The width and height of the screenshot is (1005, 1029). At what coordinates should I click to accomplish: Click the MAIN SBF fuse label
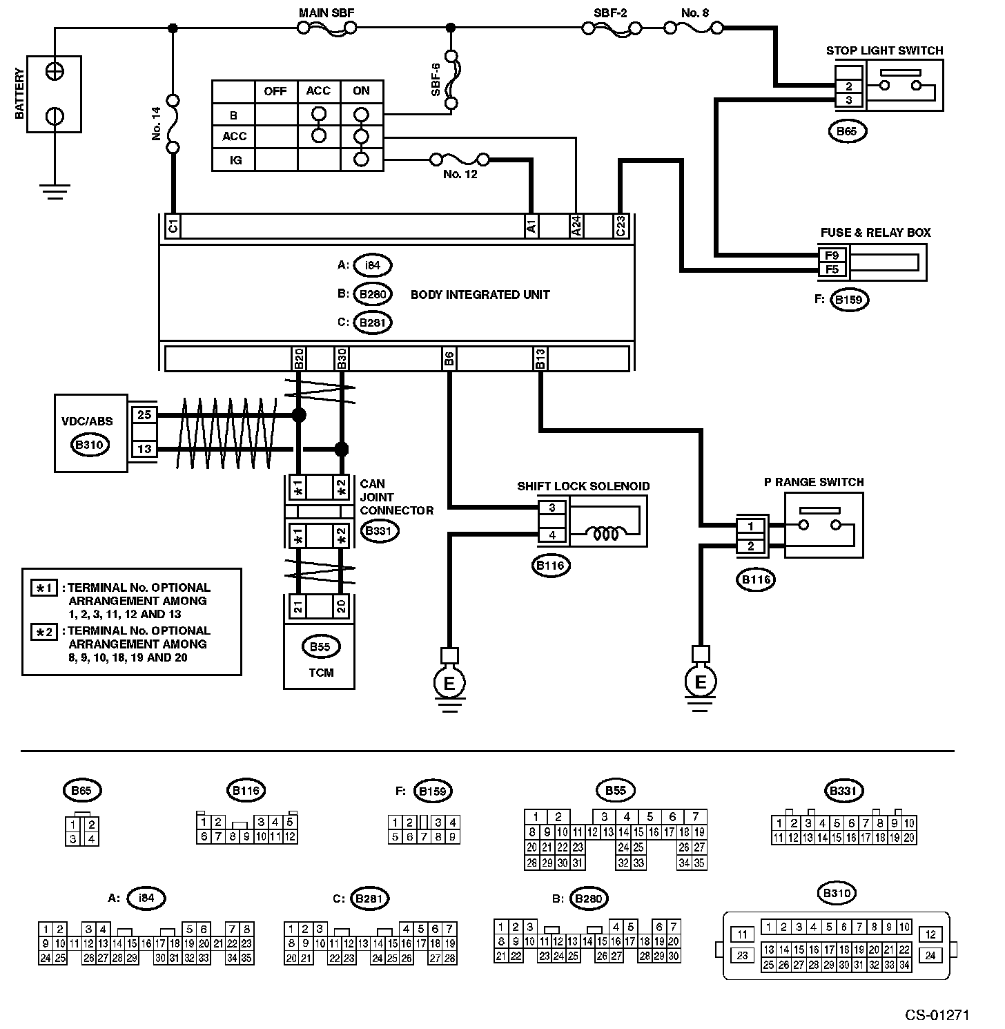tap(326, 13)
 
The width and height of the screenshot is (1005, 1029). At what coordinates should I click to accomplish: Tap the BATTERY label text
tap(19, 93)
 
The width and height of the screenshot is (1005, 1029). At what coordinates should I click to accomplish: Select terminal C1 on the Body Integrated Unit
tap(173, 225)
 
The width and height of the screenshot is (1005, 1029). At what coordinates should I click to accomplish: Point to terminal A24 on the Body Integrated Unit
tap(576, 226)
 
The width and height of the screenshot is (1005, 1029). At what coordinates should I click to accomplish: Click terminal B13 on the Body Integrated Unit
tap(540, 358)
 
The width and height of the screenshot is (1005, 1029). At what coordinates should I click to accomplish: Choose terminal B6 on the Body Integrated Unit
tap(449, 358)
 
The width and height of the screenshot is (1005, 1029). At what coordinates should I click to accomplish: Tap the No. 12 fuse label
tap(460, 174)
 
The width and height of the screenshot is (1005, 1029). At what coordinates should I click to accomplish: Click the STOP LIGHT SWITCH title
tap(884, 50)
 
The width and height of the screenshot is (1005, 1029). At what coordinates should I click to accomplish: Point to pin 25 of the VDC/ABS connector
tap(144, 415)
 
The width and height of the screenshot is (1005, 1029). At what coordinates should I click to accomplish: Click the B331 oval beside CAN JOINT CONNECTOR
tap(379, 531)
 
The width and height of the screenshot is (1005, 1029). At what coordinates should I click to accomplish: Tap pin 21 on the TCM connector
tap(297, 606)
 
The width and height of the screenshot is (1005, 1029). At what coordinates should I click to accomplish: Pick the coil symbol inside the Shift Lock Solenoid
tap(606, 533)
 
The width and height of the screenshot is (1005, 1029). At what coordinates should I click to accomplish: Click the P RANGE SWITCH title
tap(814, 482)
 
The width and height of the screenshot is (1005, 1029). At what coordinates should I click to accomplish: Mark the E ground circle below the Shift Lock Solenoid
tap(449, 683)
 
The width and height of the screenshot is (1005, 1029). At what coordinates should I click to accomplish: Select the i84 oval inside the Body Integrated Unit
tap(373, 265)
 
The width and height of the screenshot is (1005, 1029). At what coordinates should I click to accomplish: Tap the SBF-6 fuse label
tap(436, 79)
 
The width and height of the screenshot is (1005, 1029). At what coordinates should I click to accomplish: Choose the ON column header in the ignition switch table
tap(361, 91)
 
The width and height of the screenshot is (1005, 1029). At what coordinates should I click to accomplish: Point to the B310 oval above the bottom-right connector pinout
tap(837, 893)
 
